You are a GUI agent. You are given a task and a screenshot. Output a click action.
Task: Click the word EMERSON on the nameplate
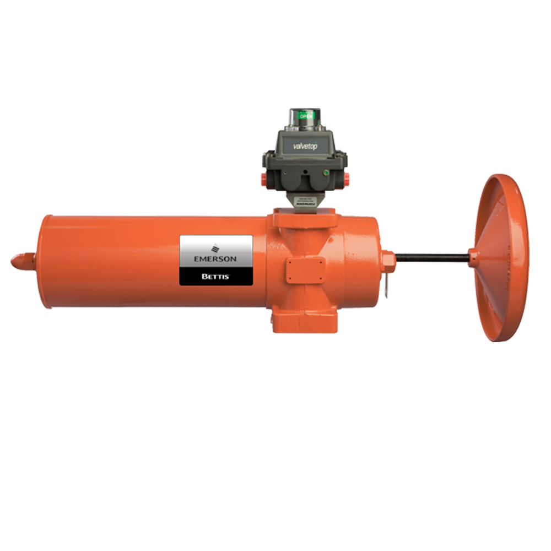pyautogui.click(x=216, y=258)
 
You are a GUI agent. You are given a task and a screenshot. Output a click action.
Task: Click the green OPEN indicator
pyautogui.click(x=306, y=116)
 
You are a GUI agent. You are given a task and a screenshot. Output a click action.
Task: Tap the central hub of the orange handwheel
pyautogui.click(x=472, y=255)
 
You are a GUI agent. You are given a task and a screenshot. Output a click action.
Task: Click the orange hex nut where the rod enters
pyautogui.click(x=387, y=257)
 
